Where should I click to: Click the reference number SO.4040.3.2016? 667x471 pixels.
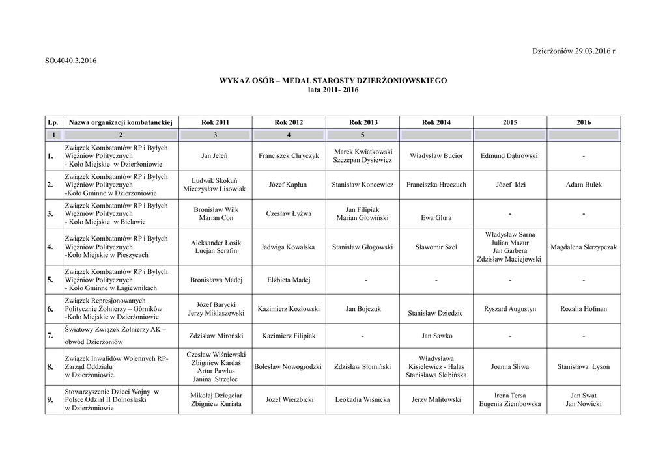click(70, 61)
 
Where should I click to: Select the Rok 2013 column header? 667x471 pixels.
click(363, 122)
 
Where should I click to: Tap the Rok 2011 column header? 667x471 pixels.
click(215, 122)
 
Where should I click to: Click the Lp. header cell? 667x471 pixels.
click(53, 122)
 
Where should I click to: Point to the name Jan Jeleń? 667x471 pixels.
click(214, 156)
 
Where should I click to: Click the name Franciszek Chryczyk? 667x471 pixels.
click(289, 156)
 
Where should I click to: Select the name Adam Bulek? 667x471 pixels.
click(584, 185)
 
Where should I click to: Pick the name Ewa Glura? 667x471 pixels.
click(436, 218)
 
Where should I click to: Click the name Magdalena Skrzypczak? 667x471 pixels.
click(584, 247)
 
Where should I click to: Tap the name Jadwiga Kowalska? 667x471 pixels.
click(289, 247)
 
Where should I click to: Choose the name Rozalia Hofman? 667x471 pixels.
click(584, 309)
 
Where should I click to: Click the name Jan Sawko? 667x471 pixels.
click(436, 336)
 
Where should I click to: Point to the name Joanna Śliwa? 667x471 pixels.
click(510, 366)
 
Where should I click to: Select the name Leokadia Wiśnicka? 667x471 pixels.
click(363, 399)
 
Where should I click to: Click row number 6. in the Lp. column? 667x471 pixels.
click(50, 310)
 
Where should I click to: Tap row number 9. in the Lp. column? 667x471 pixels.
click(50, 400)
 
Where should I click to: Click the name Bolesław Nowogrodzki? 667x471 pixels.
click(289, 366)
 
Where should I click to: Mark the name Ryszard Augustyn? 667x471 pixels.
click(510, 309)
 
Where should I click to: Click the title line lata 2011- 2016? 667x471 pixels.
click(333, 90)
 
